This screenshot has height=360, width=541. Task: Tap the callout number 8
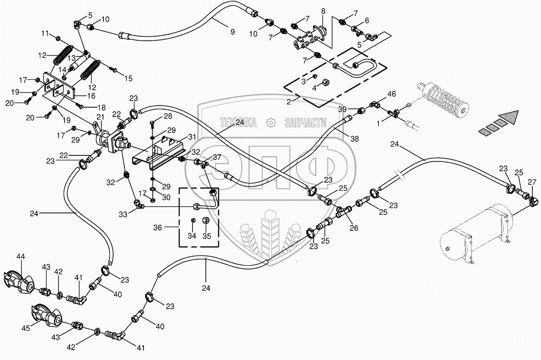(323, 11)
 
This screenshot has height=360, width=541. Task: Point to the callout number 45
(26, 328)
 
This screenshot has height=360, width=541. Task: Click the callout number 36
(157, 227)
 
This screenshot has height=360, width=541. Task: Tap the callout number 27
(532, 181)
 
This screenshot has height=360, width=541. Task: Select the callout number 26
(354, 228)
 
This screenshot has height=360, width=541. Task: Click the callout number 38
(354, 139)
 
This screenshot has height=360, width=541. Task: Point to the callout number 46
(391, 94)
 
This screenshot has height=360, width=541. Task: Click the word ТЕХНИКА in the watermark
(238, 122)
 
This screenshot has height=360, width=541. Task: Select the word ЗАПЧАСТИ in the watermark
(305, 122)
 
